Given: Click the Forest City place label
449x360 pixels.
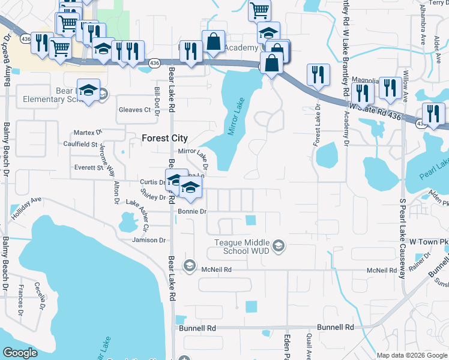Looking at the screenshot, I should coord(164,138).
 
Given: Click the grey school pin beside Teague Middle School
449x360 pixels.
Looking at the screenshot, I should coord(278,245).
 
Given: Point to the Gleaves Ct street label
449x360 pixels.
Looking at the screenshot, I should coord(134,110).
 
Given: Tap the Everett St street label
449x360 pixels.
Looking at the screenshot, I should coord(88,168).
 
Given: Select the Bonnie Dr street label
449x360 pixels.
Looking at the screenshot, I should coord(192,211).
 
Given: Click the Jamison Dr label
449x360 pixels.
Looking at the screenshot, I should coord(149,240).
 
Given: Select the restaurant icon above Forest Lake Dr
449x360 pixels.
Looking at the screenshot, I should coord(318,74).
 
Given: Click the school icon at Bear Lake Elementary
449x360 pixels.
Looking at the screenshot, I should coord(89,91).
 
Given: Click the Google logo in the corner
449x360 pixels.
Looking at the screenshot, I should coord(20,353).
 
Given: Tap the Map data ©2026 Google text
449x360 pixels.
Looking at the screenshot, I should coord(411,355).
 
